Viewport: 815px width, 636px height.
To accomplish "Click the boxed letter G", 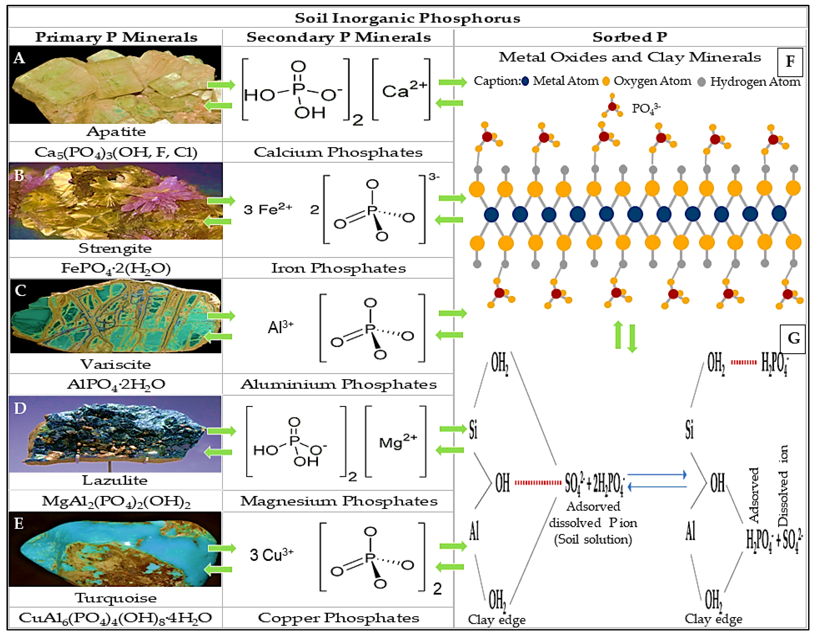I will [x=793, y=338].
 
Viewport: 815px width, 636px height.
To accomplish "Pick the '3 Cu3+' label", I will [x=271, y=555].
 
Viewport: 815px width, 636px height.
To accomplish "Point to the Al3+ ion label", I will [x=281, y=327].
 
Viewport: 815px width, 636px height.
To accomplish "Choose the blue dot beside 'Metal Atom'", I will [x=525, y=81].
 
